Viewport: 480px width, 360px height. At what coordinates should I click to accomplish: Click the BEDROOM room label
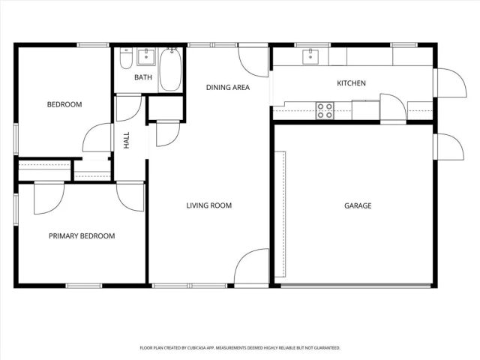click(x=64, y=104)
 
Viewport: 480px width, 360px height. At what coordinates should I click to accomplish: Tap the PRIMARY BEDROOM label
click(x=82, y=236)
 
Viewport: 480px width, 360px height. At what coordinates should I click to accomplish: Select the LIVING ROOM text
click(x=208, y=205)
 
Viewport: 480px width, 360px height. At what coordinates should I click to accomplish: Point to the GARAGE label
click(x=358, y=205)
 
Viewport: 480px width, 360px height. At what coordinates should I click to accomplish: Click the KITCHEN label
click(x=351, y=83)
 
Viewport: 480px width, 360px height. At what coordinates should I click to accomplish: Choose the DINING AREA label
click(x=227, y=88)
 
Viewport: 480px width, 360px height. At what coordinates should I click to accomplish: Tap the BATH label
click(x=142, y=77)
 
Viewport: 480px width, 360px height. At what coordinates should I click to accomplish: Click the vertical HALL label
click(x=127, y=139)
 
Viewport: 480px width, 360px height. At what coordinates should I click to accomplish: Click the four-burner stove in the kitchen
click(x=325, y=111)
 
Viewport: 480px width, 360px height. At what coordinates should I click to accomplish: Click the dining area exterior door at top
click(x=253, y=57)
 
